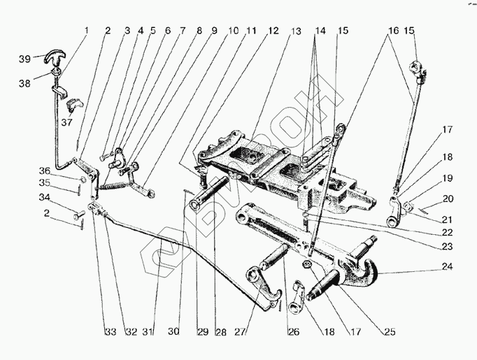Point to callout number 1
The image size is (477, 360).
coord(87,31)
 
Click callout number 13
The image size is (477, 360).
coord(297,31)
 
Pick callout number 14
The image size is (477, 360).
coord(320,31)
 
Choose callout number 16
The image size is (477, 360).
coord(392,31)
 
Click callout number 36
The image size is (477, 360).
coord(43,171)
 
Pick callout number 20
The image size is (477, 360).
coord(448,199)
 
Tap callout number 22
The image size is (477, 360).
coord(448,232)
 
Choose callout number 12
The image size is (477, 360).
coord(273,31)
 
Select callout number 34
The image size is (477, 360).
coord(43,197)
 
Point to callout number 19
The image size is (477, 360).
coord(448,178)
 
